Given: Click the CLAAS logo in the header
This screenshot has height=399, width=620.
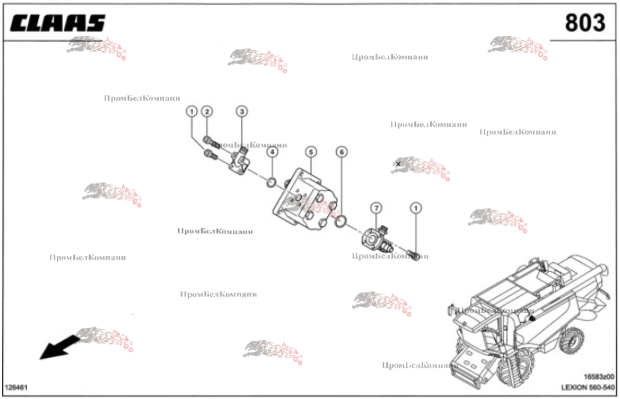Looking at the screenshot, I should coord(58,23).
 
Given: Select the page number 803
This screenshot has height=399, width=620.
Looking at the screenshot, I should coord(584,23).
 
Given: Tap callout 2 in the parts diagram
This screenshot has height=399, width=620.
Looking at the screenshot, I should coord(207,112).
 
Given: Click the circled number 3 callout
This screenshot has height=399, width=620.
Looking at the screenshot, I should coord(241,112).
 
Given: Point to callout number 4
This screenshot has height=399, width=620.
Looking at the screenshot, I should coord(272,152).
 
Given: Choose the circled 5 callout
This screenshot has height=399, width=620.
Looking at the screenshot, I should coord(310,152).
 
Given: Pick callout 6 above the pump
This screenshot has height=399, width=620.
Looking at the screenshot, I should coord(341,152).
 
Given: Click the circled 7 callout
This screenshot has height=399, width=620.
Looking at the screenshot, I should coord(376,207).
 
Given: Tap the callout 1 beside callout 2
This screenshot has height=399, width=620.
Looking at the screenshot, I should coord(192,112).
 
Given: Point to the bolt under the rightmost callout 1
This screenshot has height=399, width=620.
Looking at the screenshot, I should coord(413,250).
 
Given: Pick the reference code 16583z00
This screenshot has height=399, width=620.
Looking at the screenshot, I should coord(598,377).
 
